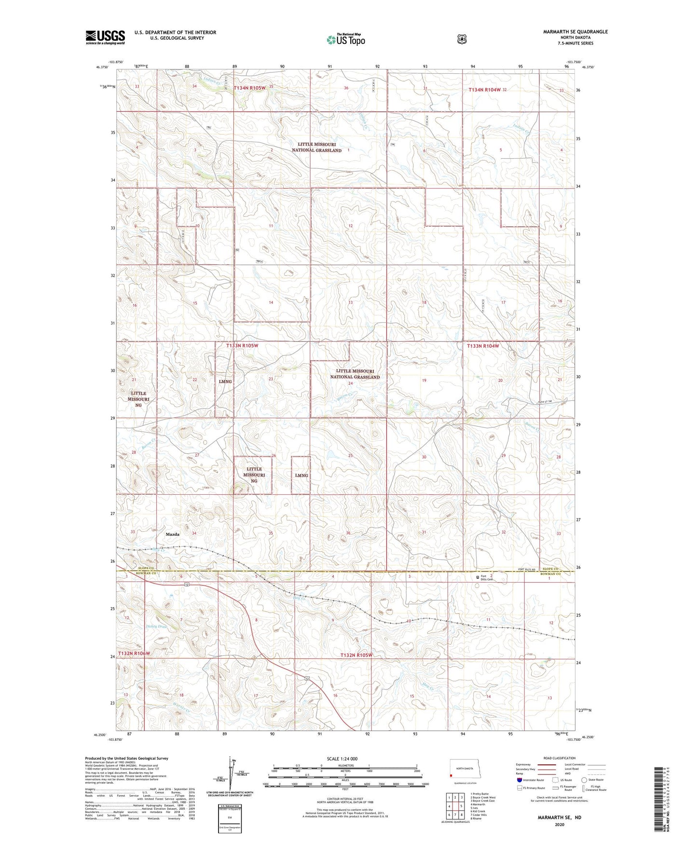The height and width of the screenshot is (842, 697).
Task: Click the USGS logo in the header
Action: pyautogui.click(x=105, y=37)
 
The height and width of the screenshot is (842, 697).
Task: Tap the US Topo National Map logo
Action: pyautogui.click(x=345, y=40)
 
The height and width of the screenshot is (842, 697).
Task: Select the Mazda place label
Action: pyautogui.click(x=172, y=534)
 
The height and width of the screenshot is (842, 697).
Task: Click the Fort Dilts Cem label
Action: pyautogui.click(x=486, y=578)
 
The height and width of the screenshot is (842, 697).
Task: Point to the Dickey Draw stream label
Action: pyautogui.click(x=156, y=627)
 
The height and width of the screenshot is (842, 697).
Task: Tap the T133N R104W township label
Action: pyautogui.click(x=482, y=346)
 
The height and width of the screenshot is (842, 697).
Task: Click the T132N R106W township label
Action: pyautogui.click(x=134, y=653)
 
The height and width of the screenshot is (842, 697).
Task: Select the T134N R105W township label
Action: pyautogui.click(x=249, y=88)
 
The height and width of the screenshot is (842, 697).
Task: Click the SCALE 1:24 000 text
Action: pyautogui.click(x=342, y=759)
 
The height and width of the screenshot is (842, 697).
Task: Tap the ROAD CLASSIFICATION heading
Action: pyautogui.click(x=559, y=758)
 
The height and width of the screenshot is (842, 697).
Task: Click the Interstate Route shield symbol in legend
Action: pyautogui.click(x=519, y=780)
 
